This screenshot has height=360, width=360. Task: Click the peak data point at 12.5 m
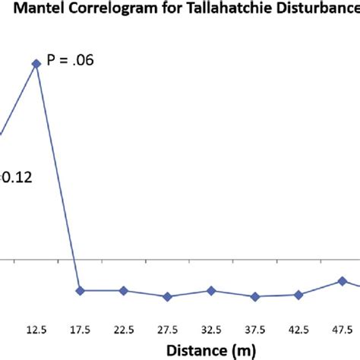pos(35,64)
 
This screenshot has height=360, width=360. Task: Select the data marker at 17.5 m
pos(79,291)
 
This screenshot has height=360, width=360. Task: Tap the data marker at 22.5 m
pos(123,291)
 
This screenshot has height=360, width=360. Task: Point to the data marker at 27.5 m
pos(167,296)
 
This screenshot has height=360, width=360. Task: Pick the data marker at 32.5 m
pos(211,291)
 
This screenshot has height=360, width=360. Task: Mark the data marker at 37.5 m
pos(255,296)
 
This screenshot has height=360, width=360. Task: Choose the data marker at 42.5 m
pos(299,295)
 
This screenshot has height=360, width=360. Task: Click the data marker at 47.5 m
pos(343,281)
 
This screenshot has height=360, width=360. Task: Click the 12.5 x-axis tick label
pos(35,330)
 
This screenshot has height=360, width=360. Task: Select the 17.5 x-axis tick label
pos(79,330)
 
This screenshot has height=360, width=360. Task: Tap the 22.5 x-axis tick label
pos(123,330)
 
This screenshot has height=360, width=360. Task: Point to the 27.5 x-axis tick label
pos(167,330)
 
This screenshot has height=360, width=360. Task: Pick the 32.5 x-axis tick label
pos(211,330)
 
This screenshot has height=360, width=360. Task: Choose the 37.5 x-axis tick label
pos(255,330)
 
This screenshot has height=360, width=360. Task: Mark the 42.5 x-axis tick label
pos(299,330)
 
